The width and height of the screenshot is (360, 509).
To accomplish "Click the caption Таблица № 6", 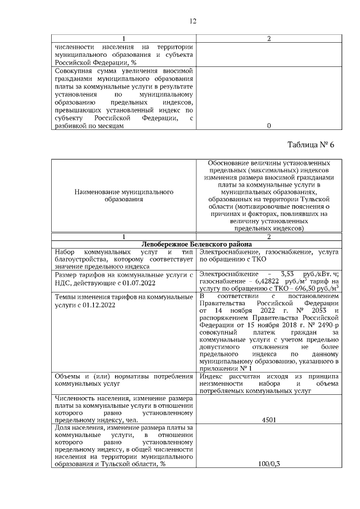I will (x=310, y=144).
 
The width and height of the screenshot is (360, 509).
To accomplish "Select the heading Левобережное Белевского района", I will (x=196, y=244).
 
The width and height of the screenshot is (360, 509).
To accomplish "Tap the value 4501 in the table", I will (x=269, y=420).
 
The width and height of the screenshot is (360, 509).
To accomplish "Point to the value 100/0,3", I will (x=269, y=464).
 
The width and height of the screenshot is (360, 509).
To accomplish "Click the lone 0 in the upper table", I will (x=269, y=126).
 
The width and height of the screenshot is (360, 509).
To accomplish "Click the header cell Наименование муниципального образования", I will (x=124, y=195).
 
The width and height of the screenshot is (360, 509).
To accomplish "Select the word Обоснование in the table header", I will (x=229, y=162).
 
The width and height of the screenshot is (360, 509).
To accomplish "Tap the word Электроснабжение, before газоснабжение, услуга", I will (x=224, y=253).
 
